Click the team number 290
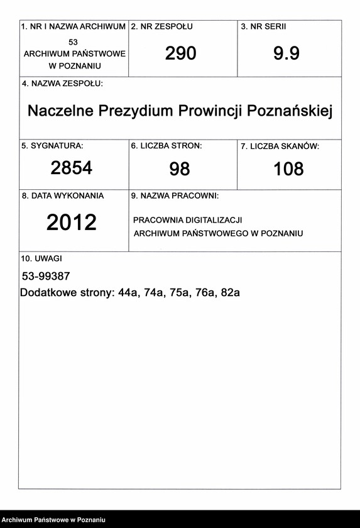coord(180,54)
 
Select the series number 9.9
coord(286,54)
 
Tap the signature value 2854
coord(72,168)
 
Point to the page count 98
coord(179,168)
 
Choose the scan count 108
coord(288,168)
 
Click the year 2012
coord(72,223)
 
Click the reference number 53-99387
coord(46,277)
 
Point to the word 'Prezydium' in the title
coord(145,111)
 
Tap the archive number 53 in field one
coord(74,41)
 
